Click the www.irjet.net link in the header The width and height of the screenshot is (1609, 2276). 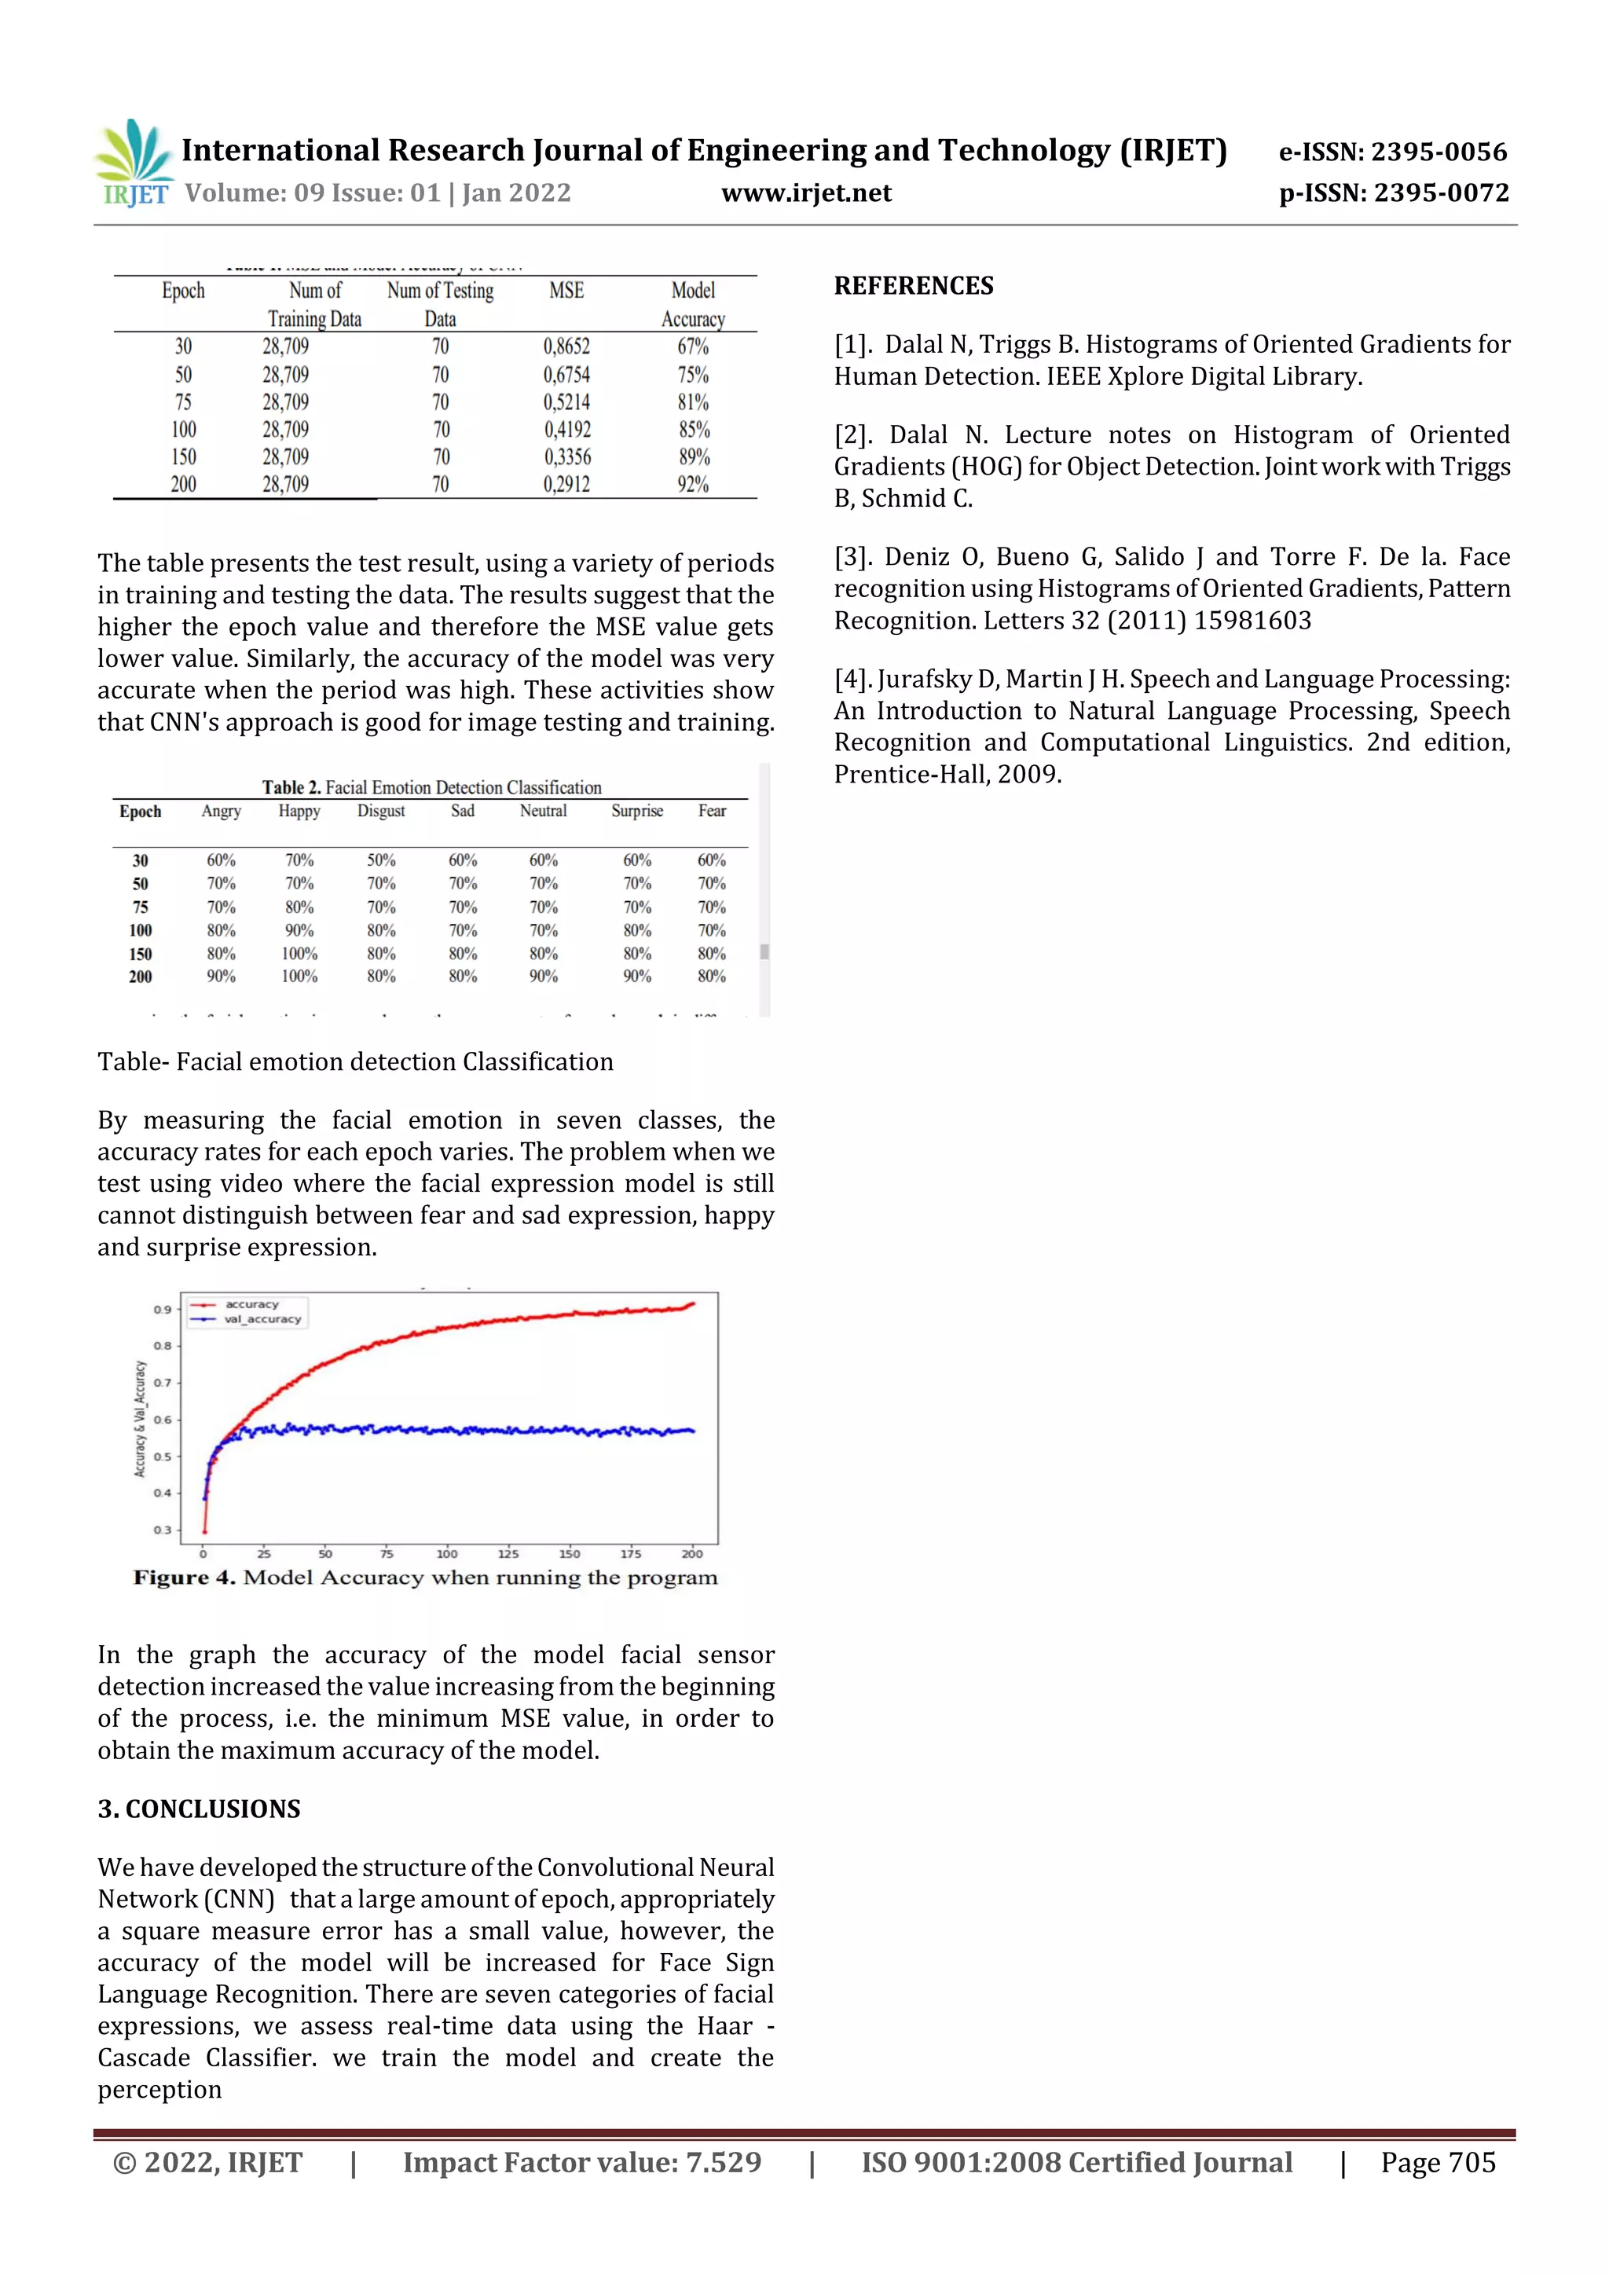point(806,193)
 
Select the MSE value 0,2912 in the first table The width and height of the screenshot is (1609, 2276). point(566,485)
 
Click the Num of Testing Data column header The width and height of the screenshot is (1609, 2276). point(440,303)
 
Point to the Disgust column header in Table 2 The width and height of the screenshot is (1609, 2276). point(381,811)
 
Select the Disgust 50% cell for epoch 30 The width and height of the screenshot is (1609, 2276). point(381,860)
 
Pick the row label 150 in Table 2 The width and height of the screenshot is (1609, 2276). point(141,954)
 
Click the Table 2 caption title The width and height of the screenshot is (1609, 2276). point(431,787)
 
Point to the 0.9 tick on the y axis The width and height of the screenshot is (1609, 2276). point(163,1310)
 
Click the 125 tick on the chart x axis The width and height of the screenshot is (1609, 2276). point(508,1553)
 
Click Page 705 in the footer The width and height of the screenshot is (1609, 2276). point(1438,2163)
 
